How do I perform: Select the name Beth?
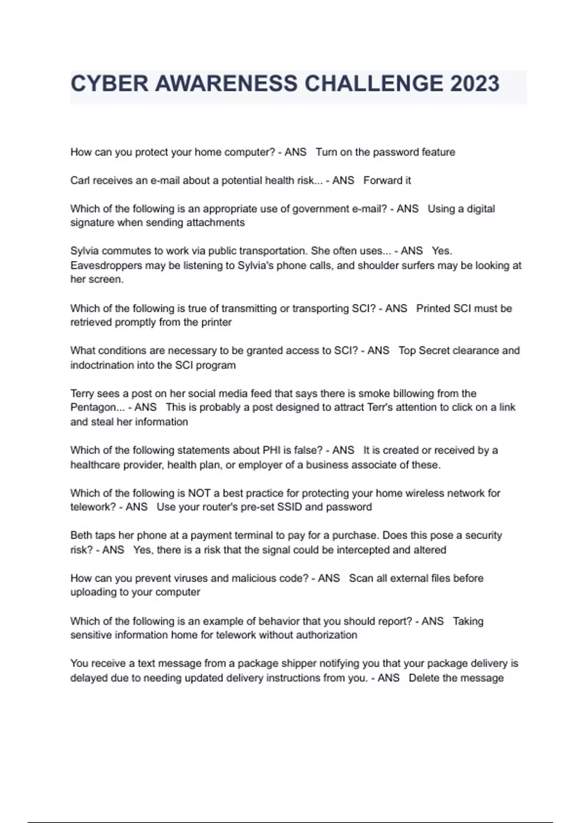tap(80, 535)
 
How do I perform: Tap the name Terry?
tap(82, 394)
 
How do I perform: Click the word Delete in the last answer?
tap(423, 678)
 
